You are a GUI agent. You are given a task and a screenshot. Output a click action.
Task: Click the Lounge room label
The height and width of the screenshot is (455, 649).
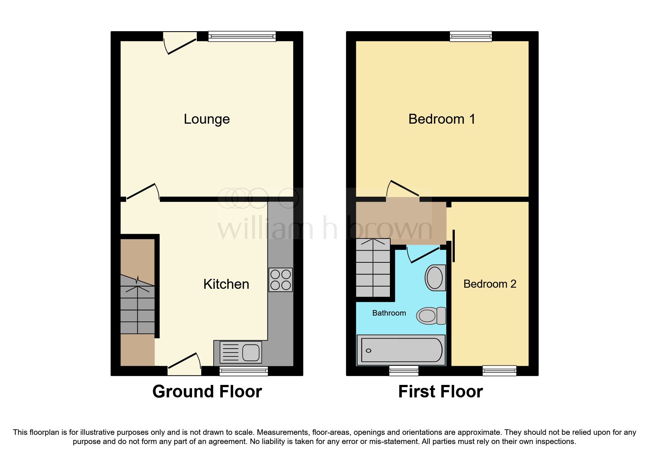point(207,119)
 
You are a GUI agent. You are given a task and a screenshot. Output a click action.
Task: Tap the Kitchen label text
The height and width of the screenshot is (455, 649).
point(226,284)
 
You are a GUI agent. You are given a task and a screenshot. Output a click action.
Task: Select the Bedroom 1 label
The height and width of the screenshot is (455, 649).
point(442,119)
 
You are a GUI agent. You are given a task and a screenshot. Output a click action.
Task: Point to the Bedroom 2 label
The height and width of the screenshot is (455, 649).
point(490,284)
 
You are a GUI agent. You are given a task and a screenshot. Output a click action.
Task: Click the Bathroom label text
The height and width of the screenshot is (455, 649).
point(389,313)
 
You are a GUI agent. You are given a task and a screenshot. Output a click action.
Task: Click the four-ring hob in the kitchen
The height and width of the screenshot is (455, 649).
point(280,280)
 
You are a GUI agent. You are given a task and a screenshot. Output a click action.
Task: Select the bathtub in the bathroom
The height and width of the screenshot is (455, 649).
point(401,350)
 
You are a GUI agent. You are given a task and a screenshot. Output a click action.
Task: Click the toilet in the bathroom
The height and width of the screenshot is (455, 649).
point(431,316)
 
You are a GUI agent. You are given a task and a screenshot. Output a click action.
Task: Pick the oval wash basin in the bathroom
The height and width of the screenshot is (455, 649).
point(435,277)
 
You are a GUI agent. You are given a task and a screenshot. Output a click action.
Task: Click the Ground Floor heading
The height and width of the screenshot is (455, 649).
point(207,392)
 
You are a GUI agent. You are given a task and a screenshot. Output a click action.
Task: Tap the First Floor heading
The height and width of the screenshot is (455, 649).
point(440,392)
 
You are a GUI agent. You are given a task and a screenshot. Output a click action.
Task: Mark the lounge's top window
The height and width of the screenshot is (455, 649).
point(242,36)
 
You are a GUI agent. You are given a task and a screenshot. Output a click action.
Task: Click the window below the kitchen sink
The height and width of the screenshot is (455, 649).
point(244,371)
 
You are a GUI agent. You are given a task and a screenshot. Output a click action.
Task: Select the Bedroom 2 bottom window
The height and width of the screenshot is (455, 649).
point(499,371)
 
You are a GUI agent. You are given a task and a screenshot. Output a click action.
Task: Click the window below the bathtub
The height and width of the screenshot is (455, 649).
point(403,371)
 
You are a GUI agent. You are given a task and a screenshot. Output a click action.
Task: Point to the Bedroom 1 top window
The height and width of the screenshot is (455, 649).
point(471,36)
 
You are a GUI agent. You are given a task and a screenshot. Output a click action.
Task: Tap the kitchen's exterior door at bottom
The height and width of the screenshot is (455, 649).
point(184,365)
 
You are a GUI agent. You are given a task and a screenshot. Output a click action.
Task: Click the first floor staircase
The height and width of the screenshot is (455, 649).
point(373,268)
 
